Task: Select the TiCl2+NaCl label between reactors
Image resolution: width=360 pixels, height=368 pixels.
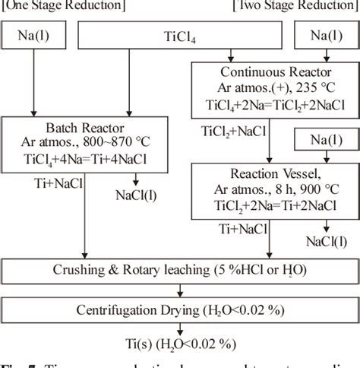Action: tap(232, 128)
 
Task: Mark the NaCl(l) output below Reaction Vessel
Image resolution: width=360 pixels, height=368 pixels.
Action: tap(327, 243)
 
